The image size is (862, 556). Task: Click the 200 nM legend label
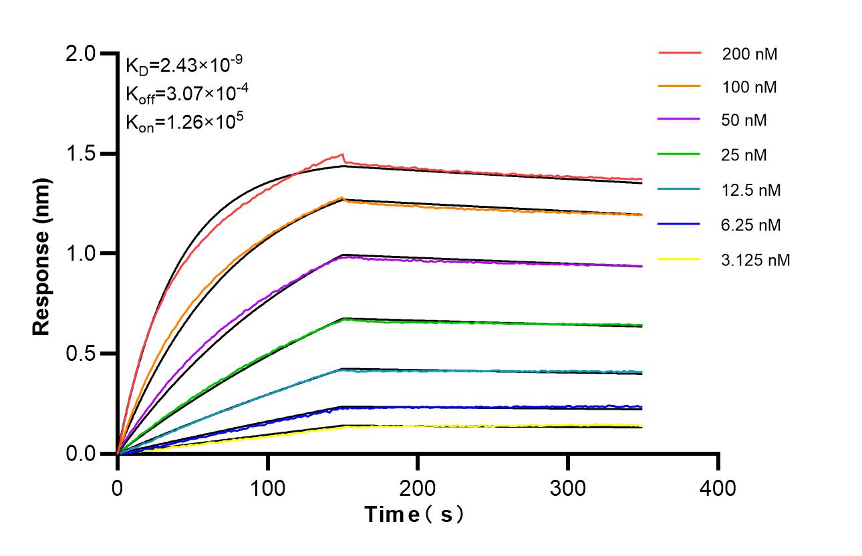749,54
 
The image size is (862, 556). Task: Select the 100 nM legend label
749,88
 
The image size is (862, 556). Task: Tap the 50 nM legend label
744,121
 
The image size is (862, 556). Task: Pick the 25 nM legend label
744,156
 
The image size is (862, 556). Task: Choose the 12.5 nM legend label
751,190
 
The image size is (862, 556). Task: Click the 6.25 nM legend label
751,225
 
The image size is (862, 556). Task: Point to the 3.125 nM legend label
756,260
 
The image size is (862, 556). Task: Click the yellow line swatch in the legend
680,259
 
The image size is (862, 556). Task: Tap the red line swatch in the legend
680,52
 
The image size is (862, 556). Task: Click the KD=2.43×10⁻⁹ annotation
184,65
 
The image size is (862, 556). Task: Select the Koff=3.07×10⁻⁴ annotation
184,94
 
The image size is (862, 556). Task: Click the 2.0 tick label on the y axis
83,53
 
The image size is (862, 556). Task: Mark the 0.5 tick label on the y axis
83,354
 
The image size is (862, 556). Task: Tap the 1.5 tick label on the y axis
83,154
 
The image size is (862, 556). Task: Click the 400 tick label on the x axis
718,488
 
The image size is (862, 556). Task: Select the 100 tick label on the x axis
267,488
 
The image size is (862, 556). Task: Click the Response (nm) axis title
42,253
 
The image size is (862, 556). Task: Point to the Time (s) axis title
414,515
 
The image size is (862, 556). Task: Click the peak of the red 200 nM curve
343,154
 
